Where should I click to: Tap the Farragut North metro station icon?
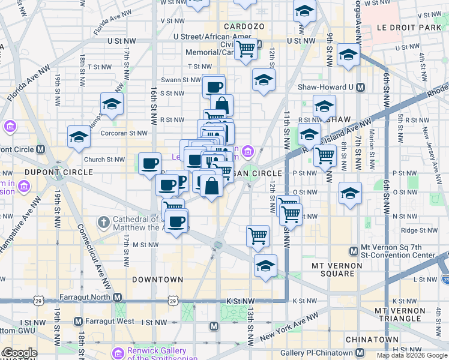118,298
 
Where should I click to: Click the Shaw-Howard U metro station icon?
360,87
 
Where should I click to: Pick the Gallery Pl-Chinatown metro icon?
359,353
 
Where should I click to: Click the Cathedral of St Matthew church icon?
104,222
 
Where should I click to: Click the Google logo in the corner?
19,353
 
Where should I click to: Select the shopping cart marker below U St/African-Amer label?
246,50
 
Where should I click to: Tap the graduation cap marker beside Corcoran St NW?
79,137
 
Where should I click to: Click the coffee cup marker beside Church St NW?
149,163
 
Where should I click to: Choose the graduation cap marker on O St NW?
350,193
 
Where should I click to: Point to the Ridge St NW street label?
417,230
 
